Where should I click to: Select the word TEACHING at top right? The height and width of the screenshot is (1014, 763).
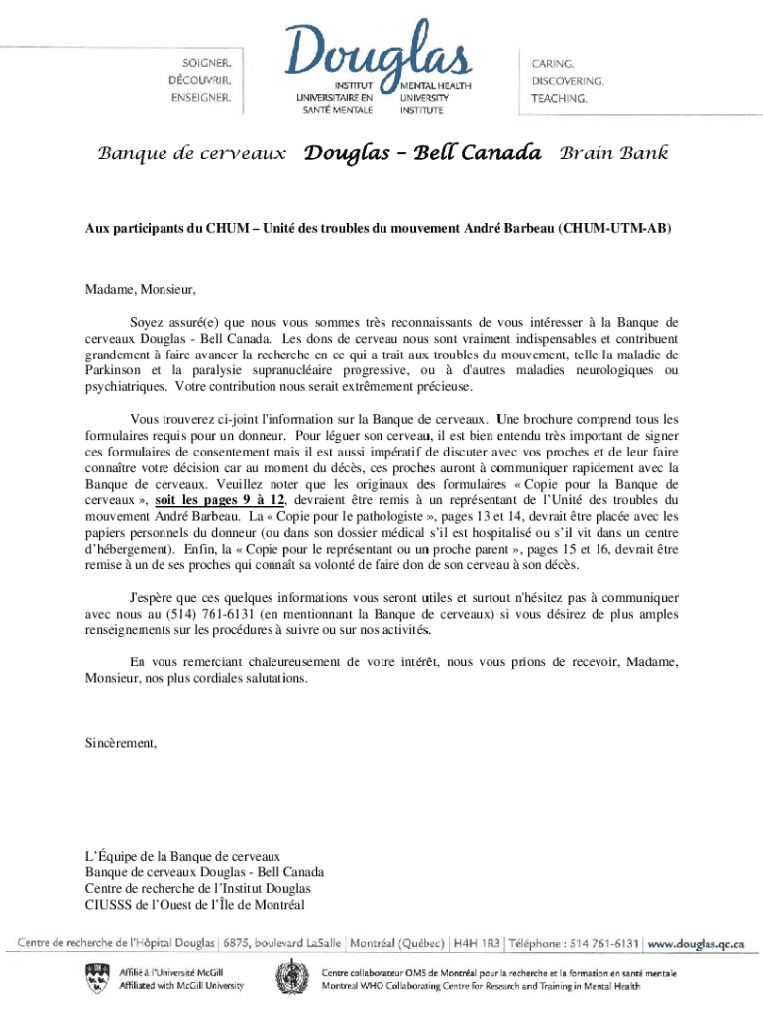(x=559, y=99)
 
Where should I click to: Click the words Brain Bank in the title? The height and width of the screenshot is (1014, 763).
(x=614, y=153)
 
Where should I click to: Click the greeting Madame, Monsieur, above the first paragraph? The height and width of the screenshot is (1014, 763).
(x=140, y=290)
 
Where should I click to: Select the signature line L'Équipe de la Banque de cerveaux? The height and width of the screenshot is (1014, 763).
(x=183, y=855)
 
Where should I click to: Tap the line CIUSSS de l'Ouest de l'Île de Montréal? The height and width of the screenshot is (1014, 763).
(x=194, y=903)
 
